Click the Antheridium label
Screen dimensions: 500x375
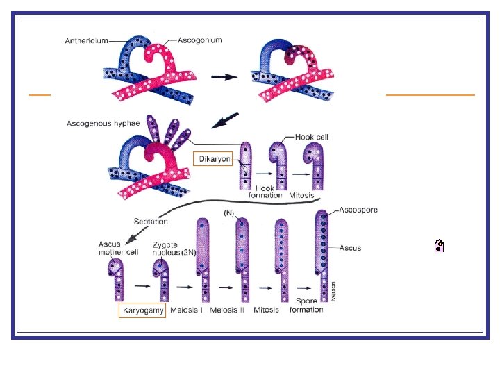pyautogui.click(x=86, y=41)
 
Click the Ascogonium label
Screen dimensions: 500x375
pyautogui.click(x=199, y=40)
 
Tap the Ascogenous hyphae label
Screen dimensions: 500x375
pyautogui.click(x=103, y=124)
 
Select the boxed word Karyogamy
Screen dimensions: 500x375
pyautogui.click(x=142, y=310)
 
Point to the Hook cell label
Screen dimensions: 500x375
pyautogui.click(x=312, y=137)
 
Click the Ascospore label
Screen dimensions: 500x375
pyautogui.click(x=358, y=210)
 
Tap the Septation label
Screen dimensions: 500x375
pyautogui.click(x=151, y=221)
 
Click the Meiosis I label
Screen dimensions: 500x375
pyautogui.click(x=187, y=310)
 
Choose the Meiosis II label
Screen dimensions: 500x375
pyautogui.click(x=227, y=310)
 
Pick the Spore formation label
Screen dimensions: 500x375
pyautogui.click(x=306, y=305)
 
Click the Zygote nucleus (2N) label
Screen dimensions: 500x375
pyautogui.click(x=174, y=249)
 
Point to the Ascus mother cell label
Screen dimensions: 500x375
pyautogui.click(x=118, y=248)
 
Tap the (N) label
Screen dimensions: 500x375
pyautogui.click(x=229, y=212)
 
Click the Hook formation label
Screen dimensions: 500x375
pyautogui.click(x=265, y=192)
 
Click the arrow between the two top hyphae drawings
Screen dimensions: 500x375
pyautogui.click(x=224, y=77)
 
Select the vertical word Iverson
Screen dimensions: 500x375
pyautogui.click(x=333, y=291)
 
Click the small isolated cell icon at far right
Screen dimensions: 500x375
pyautogui.click(x=439, y=246)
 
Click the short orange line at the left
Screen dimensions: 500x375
pyautogui.click(x=40, y=94)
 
